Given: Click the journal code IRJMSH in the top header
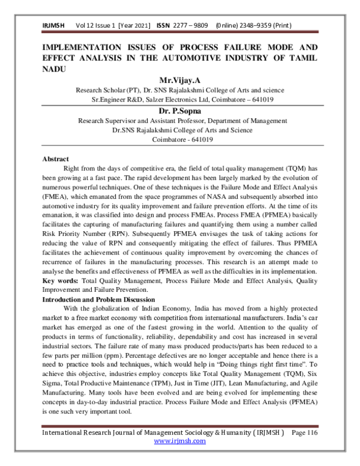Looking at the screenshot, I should pos(53,26).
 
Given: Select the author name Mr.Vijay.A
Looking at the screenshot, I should pos(179,80).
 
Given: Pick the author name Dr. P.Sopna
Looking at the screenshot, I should pos(179,112).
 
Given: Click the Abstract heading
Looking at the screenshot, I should pos(55,159).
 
